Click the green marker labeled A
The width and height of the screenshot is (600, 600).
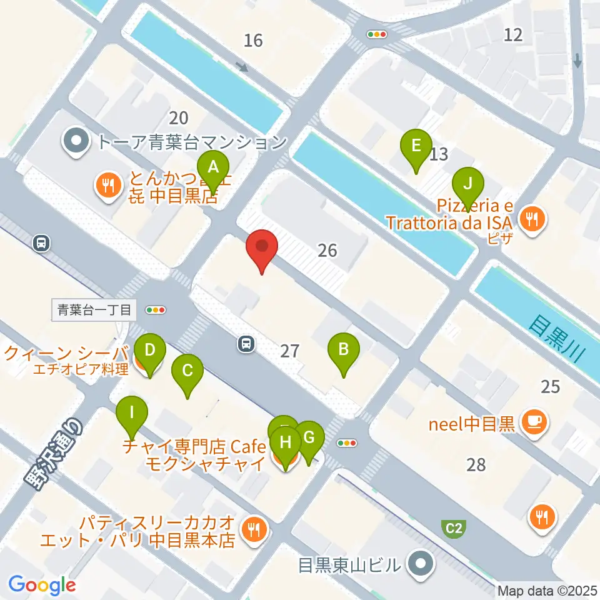pyautogui.click(x=213, y=168)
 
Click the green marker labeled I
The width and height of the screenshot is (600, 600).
pyautogui.click(x=131, y=413)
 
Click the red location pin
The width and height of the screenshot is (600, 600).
pyautogui.click(x=262, y=247)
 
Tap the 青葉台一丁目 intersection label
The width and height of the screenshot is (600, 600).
pyautogui.click(x=94, y=309)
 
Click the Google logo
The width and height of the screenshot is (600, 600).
pyautogui.click(x=42, y=584)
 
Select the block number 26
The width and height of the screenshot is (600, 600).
pyautogui.click(x=327, y=251)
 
